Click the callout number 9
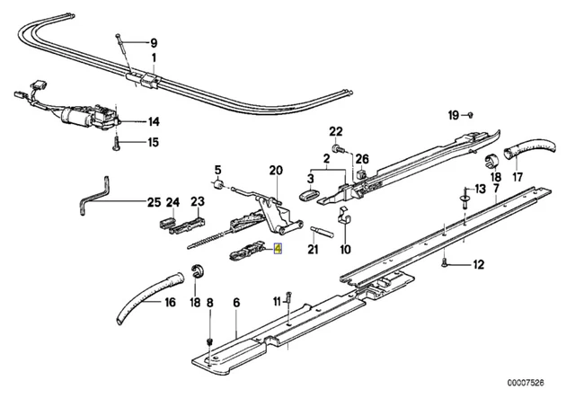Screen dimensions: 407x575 point(153,42)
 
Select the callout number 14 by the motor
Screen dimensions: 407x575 point(154,121)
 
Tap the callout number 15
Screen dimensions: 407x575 point(154,142)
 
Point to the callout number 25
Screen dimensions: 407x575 point(154,202)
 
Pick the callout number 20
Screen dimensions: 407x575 point(276,171)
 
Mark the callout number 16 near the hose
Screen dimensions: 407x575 point(169,303)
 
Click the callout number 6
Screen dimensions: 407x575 point(236,304)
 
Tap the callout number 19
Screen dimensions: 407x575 point(455,114)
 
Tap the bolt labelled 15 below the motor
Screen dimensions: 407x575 point(118,141)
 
